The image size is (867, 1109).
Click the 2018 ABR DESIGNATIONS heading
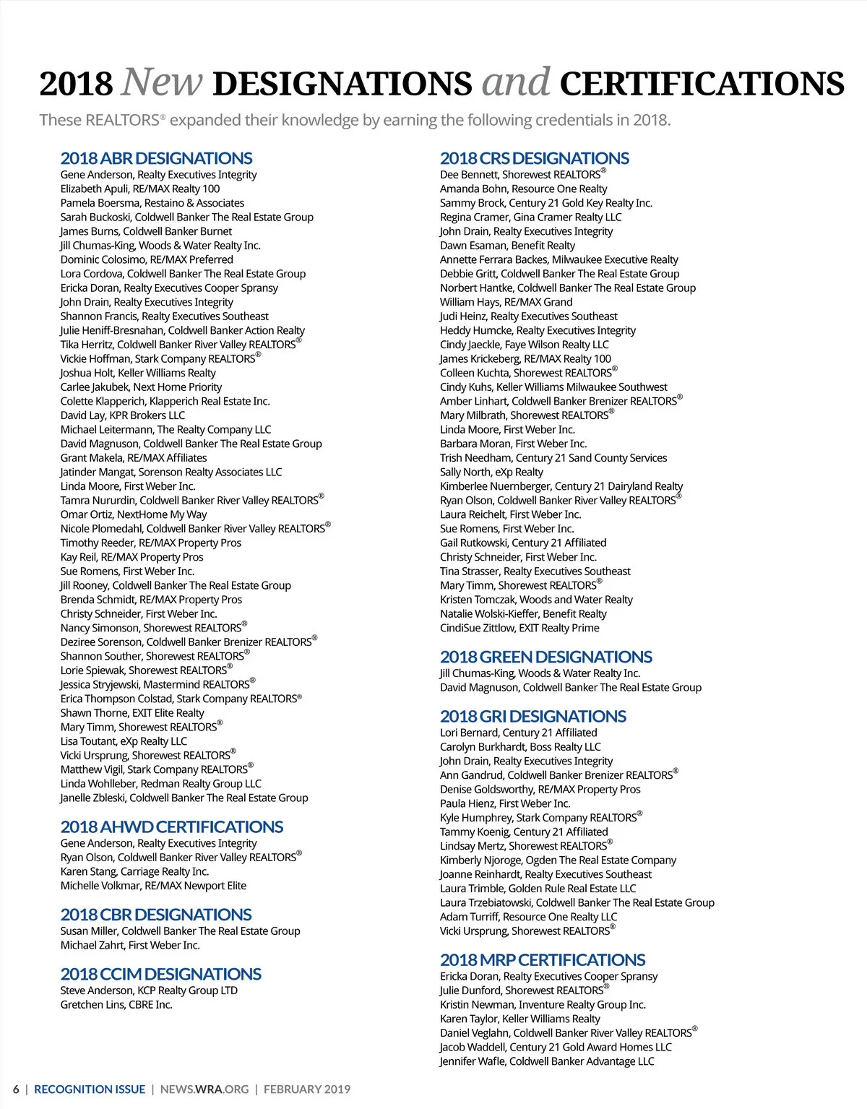(156, 158)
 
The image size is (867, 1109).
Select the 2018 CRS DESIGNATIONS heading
(534, 158)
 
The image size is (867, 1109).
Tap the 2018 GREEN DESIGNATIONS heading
(545, 657)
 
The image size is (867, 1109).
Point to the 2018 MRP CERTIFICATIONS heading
(542, 959)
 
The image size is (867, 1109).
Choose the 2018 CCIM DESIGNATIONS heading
(160, 974)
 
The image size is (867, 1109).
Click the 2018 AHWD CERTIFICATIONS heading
(171, 827)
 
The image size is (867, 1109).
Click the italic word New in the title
(162, 82)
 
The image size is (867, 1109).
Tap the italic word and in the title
(516, 82)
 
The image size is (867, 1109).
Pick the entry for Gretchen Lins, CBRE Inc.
(116, 1005)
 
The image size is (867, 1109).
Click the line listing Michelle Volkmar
(153, 886)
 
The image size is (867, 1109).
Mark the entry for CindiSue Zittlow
(519, 628)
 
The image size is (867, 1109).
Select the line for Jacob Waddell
(556, 1047)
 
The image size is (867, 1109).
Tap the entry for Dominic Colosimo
(147, 259)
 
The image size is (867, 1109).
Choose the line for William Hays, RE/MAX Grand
(506, 302)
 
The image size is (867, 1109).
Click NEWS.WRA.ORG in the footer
(204, 1089)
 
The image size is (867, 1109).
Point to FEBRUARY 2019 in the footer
(306, 1089)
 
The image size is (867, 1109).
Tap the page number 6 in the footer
(16, 1089)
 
